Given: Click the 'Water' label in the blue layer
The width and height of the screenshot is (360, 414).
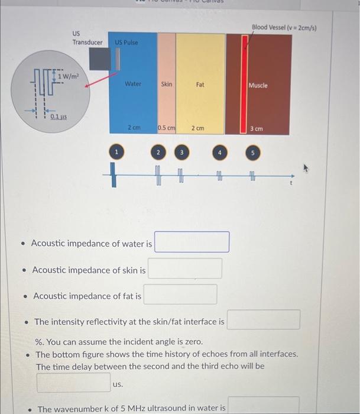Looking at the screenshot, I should (133, 84).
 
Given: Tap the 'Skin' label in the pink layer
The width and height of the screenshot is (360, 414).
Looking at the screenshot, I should (167, 84).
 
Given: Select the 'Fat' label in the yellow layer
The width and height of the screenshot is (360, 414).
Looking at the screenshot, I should (200, 85).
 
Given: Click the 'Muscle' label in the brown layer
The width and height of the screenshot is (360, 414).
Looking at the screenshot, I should (258, 85).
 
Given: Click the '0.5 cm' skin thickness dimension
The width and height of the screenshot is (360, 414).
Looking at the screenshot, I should (167, 128).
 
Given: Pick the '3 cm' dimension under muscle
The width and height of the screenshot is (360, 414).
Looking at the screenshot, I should (257, 128).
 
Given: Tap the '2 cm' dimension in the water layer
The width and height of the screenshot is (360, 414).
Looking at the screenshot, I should (134, 128).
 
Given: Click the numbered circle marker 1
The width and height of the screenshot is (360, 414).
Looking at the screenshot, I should (117, 153).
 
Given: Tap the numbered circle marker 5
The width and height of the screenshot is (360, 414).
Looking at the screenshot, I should (254, 153).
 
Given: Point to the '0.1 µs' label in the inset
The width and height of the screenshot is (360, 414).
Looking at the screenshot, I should (57, 117).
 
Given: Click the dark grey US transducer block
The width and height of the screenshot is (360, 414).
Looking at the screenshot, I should (99, 59).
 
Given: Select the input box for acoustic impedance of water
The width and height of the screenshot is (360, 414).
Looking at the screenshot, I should (192, 242).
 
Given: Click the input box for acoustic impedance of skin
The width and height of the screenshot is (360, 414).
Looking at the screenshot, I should (185, 269).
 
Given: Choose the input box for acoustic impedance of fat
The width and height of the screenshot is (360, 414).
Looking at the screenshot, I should (180, 295).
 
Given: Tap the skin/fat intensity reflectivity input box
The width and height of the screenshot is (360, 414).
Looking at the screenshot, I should (264, 320).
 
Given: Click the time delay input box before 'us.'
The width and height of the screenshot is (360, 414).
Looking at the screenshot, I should (73, 382).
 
